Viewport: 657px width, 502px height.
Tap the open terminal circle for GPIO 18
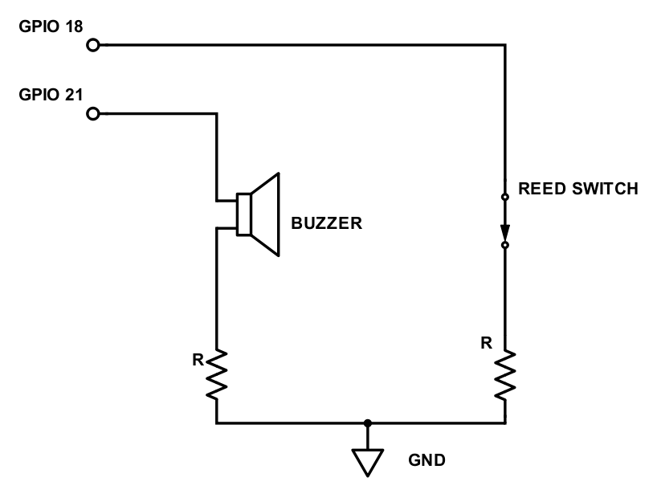coord(93,45)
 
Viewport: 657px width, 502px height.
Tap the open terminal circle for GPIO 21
coord(93,114)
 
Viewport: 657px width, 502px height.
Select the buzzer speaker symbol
coord(257,214)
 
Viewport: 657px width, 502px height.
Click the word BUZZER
coord(327,222)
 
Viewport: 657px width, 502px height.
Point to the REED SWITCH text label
coord(578,190)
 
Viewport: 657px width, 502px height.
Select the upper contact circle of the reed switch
coord(505,197)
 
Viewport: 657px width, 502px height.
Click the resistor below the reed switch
coord(505,374)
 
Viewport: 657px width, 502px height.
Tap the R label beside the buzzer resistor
coord(198,358)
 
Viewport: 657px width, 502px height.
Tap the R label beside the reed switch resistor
coord(486,343)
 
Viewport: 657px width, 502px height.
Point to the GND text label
coord(428,461)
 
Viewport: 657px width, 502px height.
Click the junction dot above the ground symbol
coord(367,422)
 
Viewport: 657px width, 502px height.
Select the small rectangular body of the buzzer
coord(243,214)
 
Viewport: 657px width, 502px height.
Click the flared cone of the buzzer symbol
coord(266,214)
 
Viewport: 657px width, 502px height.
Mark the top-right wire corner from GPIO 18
coord(505,45)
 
